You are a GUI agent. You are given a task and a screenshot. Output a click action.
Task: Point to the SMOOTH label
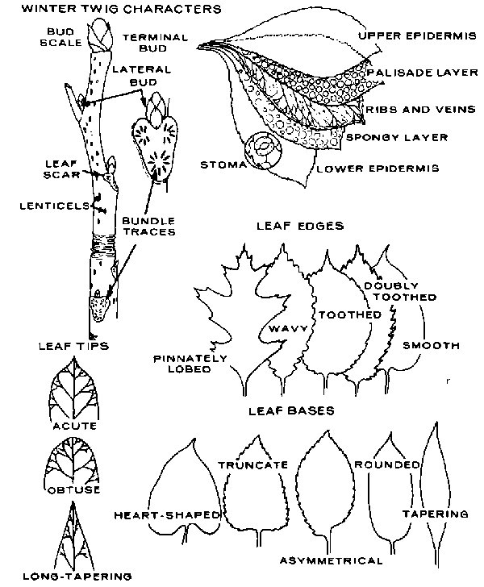click(431, 345)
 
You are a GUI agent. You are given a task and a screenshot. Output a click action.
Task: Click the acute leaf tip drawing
click(73, 389)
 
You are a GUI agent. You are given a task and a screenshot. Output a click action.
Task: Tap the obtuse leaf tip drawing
click(74, 460)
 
